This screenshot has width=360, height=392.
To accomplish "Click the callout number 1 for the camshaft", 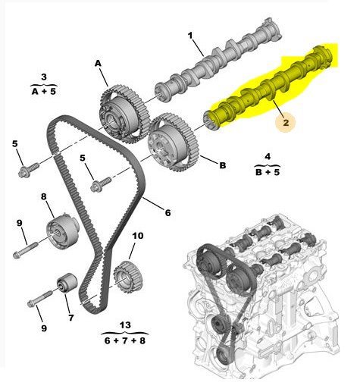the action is (x=190, y=36).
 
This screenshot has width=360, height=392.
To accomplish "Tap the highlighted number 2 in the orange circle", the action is (x=286, y=123).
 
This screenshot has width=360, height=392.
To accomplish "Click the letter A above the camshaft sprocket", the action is (x=98, y=63).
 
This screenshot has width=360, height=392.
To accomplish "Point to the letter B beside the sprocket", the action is (x=223, y=165).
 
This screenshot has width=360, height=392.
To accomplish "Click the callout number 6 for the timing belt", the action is (x=168, y=212).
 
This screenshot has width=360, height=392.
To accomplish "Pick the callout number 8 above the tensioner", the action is (x=44, y=196).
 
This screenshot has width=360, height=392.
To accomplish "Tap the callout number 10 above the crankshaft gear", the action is (x=138, y=236).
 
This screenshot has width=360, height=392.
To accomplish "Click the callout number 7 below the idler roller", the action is (x=71, y=318).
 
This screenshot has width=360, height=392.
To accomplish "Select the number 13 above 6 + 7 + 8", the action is (x=125, y=325).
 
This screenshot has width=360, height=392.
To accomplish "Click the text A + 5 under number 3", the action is (x=44, y=91).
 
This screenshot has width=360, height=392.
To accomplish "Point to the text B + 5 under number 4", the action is (x=268, y=172).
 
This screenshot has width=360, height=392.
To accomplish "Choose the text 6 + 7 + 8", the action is (x=125, y=340).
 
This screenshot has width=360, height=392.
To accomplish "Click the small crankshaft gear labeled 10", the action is (x=128, y=277).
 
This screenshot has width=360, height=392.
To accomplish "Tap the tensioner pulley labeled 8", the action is (x=62, y=230).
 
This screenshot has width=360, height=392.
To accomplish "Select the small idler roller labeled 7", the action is (x=67, y=283).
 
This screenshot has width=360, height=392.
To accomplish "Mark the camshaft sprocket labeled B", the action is (x=174, y=142).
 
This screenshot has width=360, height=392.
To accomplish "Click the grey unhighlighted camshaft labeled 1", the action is (x=218, y=60).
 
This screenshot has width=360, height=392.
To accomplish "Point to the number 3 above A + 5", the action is (x=44, y=77).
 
